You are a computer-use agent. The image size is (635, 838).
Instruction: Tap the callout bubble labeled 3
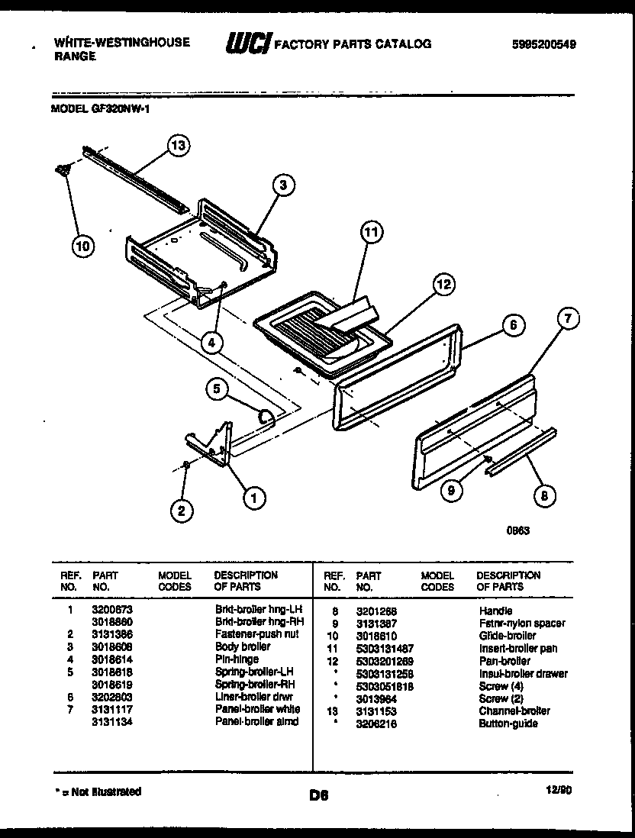(283, 184)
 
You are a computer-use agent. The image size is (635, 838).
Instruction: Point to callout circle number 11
(371, 234)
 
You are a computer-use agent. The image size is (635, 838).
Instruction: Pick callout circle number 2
(181, 511)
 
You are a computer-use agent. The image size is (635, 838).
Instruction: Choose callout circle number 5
(218, 390)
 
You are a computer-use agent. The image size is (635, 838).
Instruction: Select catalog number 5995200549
(543, 45)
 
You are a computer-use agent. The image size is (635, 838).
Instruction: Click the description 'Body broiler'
(242, 646)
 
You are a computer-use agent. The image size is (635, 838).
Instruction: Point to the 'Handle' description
(495, 611)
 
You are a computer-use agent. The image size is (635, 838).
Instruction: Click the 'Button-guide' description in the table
(508, 723)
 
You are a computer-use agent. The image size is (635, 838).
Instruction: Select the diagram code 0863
(518, 532)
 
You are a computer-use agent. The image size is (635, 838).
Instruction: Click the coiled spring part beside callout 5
(266, 417)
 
